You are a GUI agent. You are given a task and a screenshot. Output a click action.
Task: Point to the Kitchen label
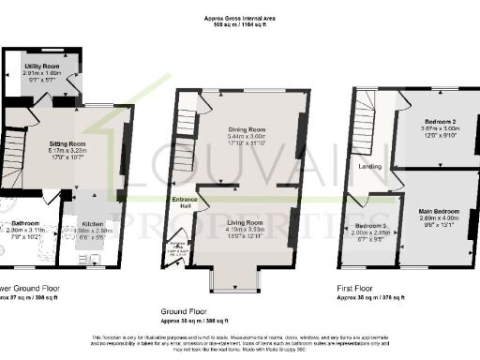pyautogui.click(x=92, y=224)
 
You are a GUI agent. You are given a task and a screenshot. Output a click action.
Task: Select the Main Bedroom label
pyautogui.click(x=438, y=212)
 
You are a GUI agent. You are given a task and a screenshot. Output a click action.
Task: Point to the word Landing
pyautogui.click(x=369, y=166)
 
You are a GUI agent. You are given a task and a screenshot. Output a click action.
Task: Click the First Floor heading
pyautogui.click(x=355, y=289)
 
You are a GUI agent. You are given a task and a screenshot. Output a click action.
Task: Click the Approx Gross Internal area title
pyautogui.click(x=239, y=18)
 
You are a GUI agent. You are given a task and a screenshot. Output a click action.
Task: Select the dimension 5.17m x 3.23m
pyautogui.click(x=67, y=151)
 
